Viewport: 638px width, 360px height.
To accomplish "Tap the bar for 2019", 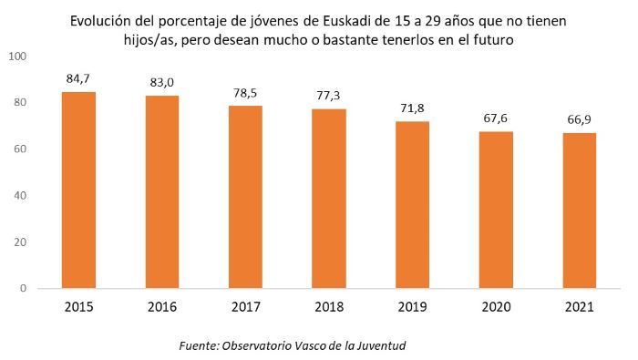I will coord(412,204).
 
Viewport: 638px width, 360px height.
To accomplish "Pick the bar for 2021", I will coord(579,211).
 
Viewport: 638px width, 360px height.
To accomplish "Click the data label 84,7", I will coord(78,79).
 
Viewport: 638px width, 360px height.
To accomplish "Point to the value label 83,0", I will coord(162,83).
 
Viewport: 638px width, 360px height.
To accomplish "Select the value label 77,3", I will coord(329,96).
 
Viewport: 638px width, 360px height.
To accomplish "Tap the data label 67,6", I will coord(496,118).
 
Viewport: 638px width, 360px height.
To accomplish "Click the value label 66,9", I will coord(579,120).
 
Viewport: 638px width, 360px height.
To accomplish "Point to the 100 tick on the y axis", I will coord(17,57).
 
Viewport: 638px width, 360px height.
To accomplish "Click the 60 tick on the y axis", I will coord(20,149).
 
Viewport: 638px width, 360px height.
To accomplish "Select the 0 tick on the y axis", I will coord(24,289).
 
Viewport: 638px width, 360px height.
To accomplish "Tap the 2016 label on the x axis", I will coord(162,307).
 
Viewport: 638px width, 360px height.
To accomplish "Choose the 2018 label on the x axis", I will coord(329,307).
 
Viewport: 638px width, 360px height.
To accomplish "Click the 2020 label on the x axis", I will coord(496,307).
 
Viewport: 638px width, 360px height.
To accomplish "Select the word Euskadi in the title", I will coord(391,19).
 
